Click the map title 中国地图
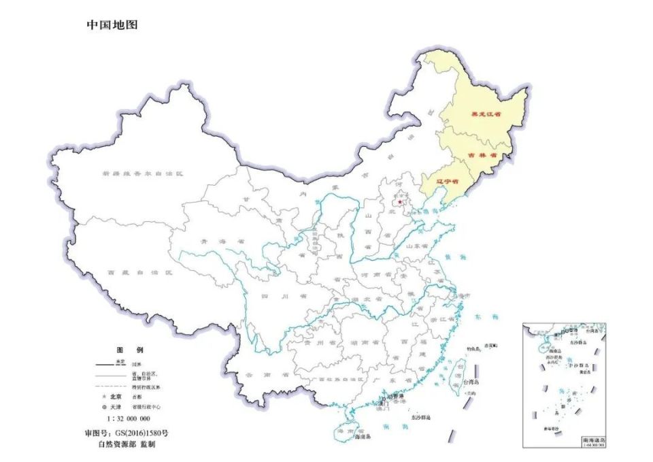point(112,25)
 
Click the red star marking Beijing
point(400,201)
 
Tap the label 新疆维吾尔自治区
point(143,174)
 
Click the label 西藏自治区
point(139,272)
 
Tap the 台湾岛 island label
point(469,393)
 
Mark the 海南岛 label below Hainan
point(366,436)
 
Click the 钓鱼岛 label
point(473,349)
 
